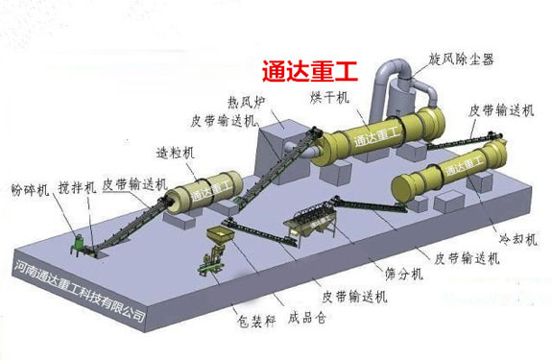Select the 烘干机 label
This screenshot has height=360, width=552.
pyautogui.click(x=329, y=100)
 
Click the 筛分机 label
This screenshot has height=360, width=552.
pyautogui.click(x=396, y=275)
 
